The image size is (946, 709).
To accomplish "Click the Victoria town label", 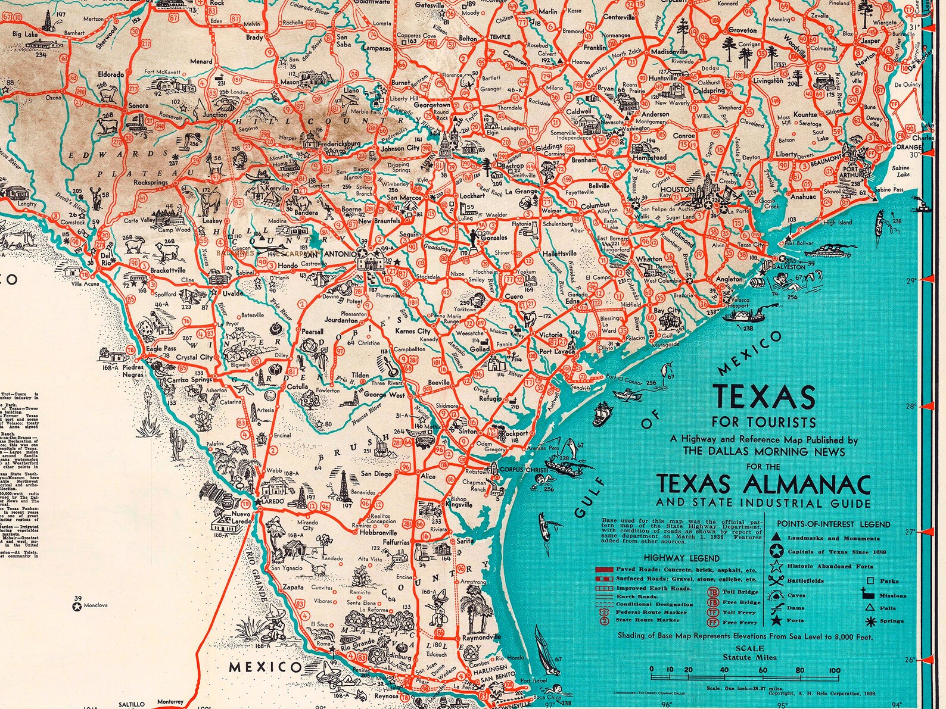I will [550, 335].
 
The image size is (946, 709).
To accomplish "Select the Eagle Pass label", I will [161, 349].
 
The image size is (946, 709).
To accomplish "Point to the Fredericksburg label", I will [339, 143].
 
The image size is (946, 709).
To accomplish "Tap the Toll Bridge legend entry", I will [740, 592].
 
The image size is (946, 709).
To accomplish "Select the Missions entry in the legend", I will [892, 595].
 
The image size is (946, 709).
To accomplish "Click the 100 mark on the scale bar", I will [835, 670].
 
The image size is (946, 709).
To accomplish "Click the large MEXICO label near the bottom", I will [266, 667].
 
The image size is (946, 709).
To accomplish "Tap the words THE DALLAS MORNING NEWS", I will [764, 452].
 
